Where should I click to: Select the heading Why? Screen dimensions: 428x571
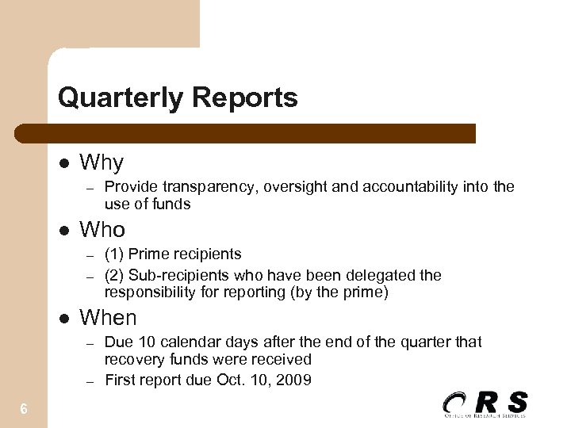(x=102, y=162)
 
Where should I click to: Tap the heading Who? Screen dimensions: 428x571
(x=103, y=230)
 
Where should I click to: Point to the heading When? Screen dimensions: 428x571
(x=109, y=318)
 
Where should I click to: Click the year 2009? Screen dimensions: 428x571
(x=294, y=380)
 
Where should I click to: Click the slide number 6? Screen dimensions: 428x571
(x=24, y=409)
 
